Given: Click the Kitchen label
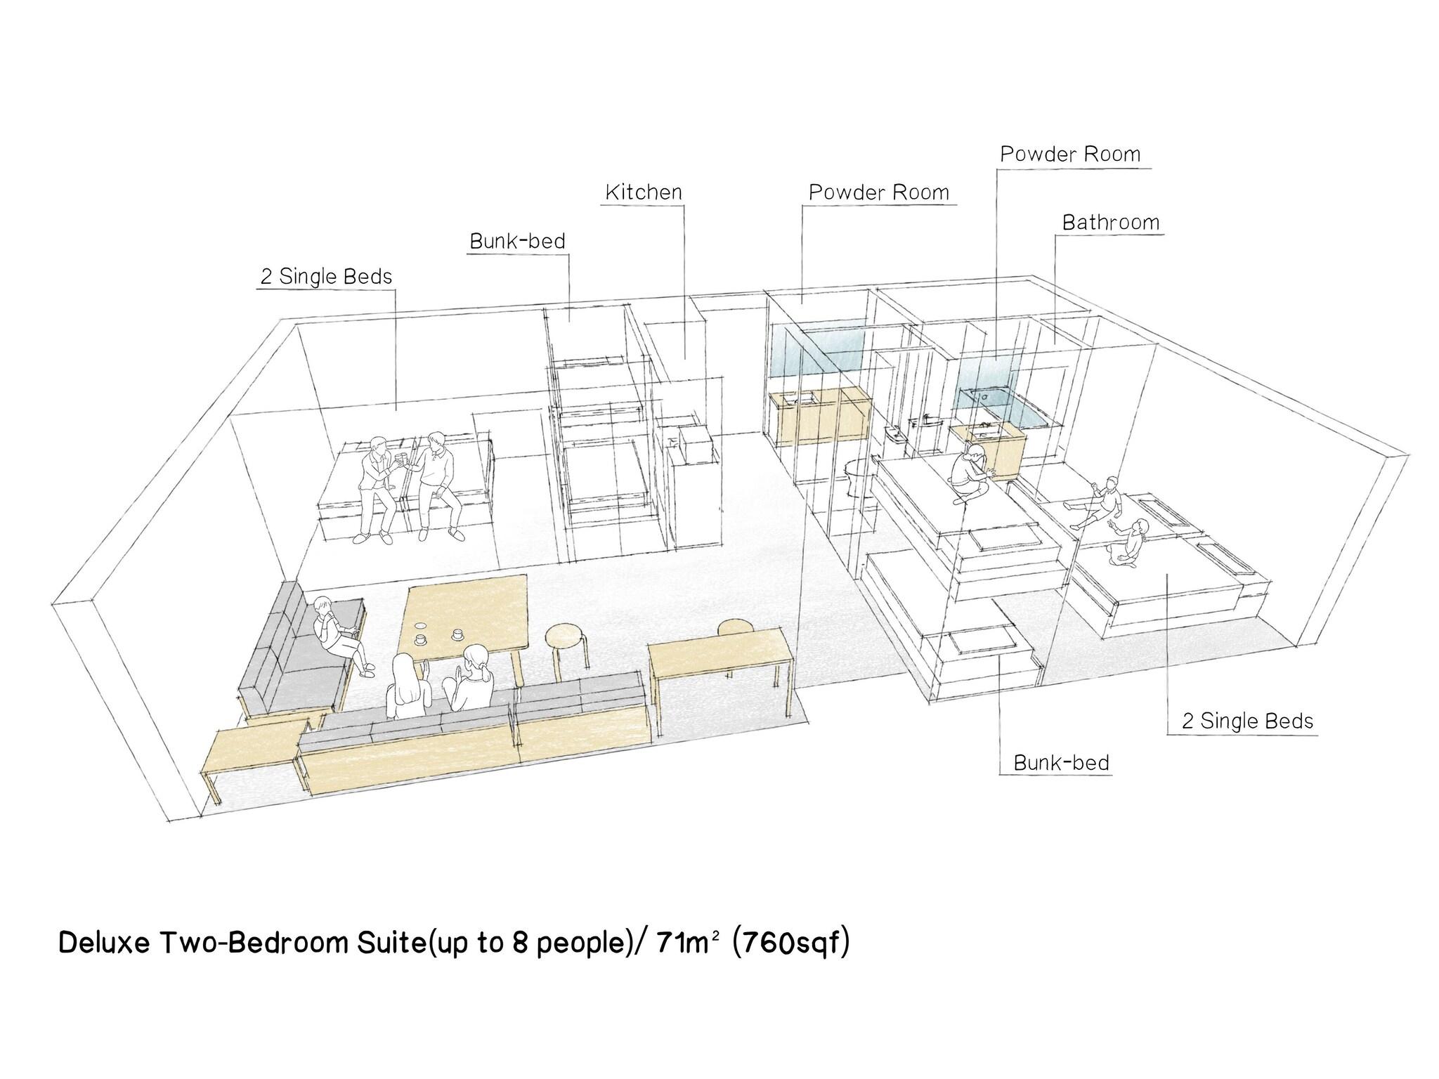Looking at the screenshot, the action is click(644, 192).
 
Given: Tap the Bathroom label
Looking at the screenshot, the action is click(1111, 223).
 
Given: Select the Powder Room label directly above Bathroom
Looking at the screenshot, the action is click(1070, 155).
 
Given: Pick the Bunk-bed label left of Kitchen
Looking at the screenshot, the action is click(517, 241).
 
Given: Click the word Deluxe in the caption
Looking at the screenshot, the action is click(105, 943).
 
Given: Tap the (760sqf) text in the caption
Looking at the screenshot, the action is click(790, 943).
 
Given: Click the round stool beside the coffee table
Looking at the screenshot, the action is click(568, 650).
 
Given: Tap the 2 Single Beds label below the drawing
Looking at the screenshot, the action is click(1247, 721).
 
